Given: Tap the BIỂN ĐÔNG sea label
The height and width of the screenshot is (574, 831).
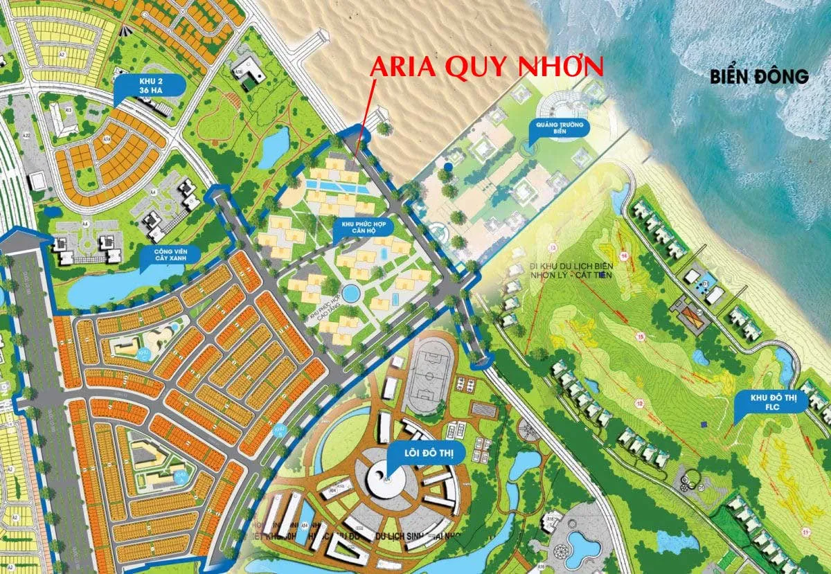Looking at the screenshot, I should [x=759, y=77].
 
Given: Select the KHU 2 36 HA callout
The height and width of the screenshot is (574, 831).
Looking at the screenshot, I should [x=150, y=85].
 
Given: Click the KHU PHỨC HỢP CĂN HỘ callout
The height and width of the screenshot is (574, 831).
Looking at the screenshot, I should [x=362, y=228].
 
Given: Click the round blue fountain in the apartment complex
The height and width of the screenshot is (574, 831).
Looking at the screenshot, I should [x=352, y=294].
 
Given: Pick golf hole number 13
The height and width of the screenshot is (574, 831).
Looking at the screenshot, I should [x=553, y=247].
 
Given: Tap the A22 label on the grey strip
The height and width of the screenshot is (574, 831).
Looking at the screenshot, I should [x=26, y=135].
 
